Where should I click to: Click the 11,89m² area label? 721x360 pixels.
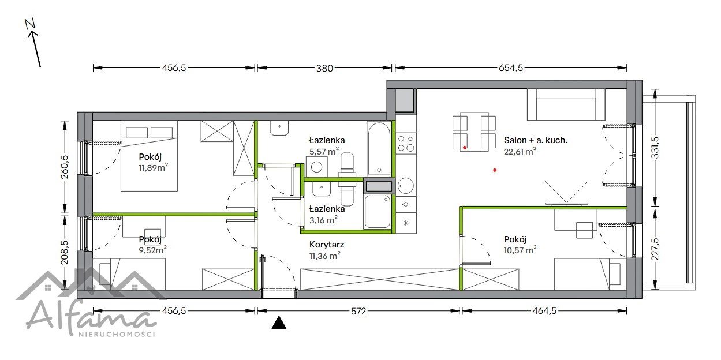(154, 168)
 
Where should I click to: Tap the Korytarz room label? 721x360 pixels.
(327, 245)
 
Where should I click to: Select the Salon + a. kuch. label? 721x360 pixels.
(536, 140)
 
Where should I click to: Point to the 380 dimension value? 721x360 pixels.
(324, 68)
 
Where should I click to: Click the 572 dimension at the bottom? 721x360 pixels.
(358, 311)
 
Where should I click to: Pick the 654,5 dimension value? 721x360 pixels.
(511, 68)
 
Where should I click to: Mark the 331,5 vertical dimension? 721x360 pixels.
(655, 148)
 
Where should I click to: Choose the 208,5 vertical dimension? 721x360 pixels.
(65, 253)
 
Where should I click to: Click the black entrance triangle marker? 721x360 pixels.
(279, 322)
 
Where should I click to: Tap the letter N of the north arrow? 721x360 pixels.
(30, 24)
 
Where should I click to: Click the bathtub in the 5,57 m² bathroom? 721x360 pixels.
(379, 148)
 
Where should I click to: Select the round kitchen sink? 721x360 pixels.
(406, 186)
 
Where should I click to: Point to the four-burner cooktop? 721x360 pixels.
(406, 144)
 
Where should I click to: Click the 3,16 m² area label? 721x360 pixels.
(323, 220)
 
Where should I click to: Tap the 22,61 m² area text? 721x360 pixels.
(520, 151)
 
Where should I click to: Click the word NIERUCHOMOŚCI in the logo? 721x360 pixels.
(117, 334)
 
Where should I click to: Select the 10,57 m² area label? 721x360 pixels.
(520, 250)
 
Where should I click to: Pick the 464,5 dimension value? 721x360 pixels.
(544, 311)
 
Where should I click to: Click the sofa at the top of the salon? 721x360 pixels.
(566, 104)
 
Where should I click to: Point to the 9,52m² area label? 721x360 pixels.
(153, 250)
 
